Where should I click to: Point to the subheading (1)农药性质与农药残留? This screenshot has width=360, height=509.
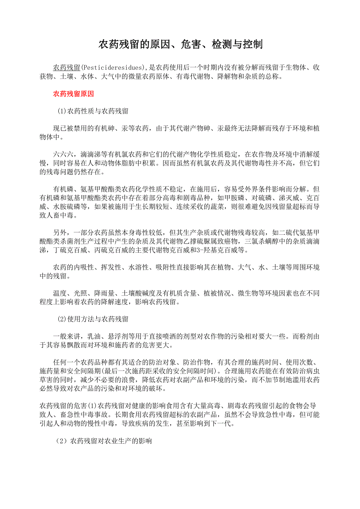[93, 111]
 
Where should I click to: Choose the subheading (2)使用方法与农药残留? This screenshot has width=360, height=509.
[93, 319]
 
